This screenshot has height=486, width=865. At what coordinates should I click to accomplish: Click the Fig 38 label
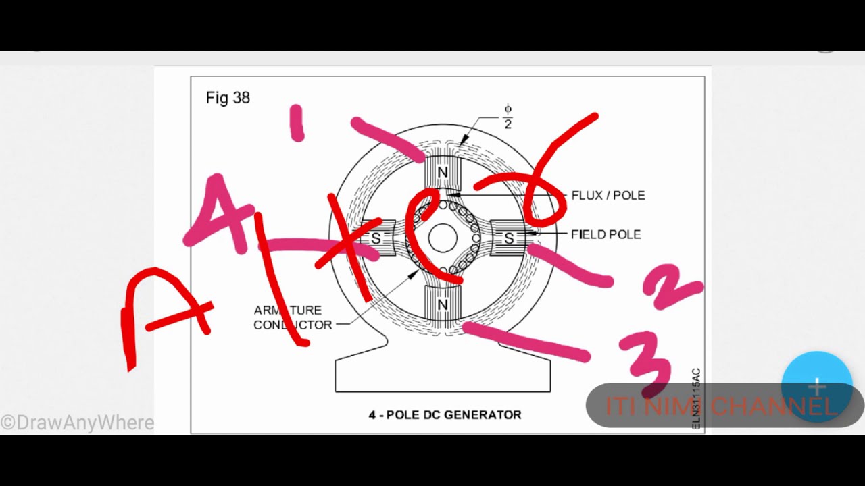pyautogui.click(x=228, y=98)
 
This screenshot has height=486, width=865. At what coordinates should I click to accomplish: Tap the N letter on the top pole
pyautogui.click(x=442, y=173)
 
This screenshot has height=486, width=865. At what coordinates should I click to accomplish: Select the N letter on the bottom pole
pyautogui.click(x=442, y=305)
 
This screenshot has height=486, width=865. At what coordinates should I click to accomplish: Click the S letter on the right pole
pyautogui.click(x=509, y=238)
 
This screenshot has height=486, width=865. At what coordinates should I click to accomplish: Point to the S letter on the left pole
pyautogui.click(x=376, y=238)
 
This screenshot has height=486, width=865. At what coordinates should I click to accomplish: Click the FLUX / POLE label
pyautogui.click(x=608, y=196)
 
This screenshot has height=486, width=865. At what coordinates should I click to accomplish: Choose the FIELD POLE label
pyautogui.click(x=605, y=235)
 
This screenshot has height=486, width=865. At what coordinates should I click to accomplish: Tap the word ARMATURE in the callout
pyautogui.click(x=287, y=310)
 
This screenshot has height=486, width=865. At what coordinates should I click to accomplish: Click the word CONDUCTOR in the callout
pyautogui.click(x=293, y=325)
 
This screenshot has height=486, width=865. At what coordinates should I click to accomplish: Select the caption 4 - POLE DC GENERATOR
pyautogui.click(x=445, y=415)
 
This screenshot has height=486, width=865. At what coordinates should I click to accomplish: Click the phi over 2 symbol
pyautogui.click(x=508, y=116)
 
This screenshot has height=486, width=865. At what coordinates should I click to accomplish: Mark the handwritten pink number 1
pyautogui.click(x=296, y=123)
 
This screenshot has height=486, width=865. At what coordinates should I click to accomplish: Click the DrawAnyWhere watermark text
pyautogui.click(x=77, y=423)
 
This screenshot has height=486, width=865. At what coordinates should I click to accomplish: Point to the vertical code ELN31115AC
pyautogui.click(x=696, y=398)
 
